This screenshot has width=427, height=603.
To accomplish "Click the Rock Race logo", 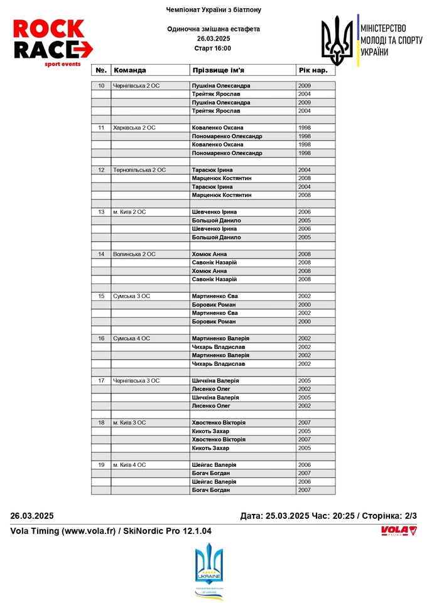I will click(53, 43).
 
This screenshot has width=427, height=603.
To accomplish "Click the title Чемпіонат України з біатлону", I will click(213, 10).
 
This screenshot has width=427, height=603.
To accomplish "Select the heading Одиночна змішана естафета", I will click(213, 29).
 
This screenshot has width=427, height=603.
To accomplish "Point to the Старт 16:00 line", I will click(213, 48).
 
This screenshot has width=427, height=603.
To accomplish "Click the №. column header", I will click(101, 70).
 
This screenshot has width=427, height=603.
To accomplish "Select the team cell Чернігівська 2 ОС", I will click(136, 85).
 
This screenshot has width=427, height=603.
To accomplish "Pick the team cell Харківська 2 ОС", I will click(134, 127).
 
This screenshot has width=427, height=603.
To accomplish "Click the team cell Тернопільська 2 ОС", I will click(139, 170).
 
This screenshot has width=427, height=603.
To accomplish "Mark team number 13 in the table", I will click(101, 212).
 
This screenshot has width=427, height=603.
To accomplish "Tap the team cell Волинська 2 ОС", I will click(134, 254).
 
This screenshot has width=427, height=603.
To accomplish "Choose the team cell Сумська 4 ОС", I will click(132, 338).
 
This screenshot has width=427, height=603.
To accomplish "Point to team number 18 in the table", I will click(101, 423).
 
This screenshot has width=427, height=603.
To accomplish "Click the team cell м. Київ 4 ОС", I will click(130, 465).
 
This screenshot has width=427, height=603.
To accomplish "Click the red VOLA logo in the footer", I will click(399, 531).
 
